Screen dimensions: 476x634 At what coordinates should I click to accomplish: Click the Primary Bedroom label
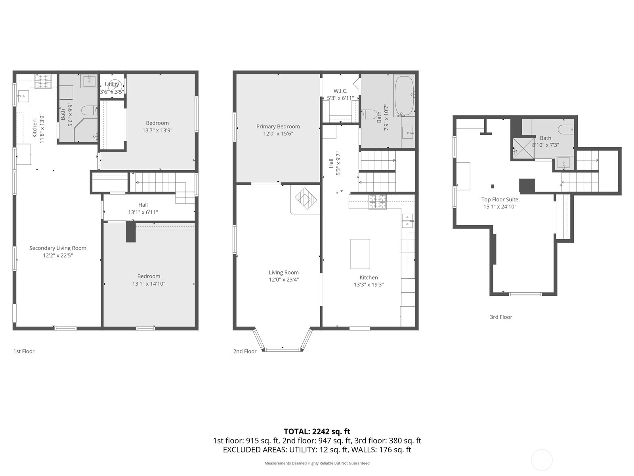point(278,127)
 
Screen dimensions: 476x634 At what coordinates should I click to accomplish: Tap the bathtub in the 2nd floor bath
point(404,96)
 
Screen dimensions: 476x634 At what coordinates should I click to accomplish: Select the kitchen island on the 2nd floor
point(360,254)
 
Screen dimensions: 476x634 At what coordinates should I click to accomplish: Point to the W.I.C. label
point(340,91)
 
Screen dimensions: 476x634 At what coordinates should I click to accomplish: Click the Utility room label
point(112,84)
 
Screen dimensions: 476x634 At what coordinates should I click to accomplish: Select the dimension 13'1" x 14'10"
point(149,284)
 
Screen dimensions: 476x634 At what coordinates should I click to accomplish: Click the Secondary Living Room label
point(58,248)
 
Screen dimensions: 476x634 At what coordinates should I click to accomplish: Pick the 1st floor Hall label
point(143,205)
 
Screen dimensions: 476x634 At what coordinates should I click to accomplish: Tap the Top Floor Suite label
point(500,200)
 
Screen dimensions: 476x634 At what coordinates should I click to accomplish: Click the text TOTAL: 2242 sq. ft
point(317,432)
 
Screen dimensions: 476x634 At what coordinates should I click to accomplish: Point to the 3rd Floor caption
point(501,317)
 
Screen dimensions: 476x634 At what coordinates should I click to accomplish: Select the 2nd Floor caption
point(244,351)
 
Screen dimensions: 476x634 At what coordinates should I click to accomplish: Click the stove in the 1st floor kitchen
point(43,81)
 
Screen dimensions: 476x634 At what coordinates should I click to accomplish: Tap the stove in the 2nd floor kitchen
point(377,202)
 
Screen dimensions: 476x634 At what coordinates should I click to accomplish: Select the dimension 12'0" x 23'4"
point(284,280)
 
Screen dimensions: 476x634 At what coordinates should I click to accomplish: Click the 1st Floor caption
point(24,351)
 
